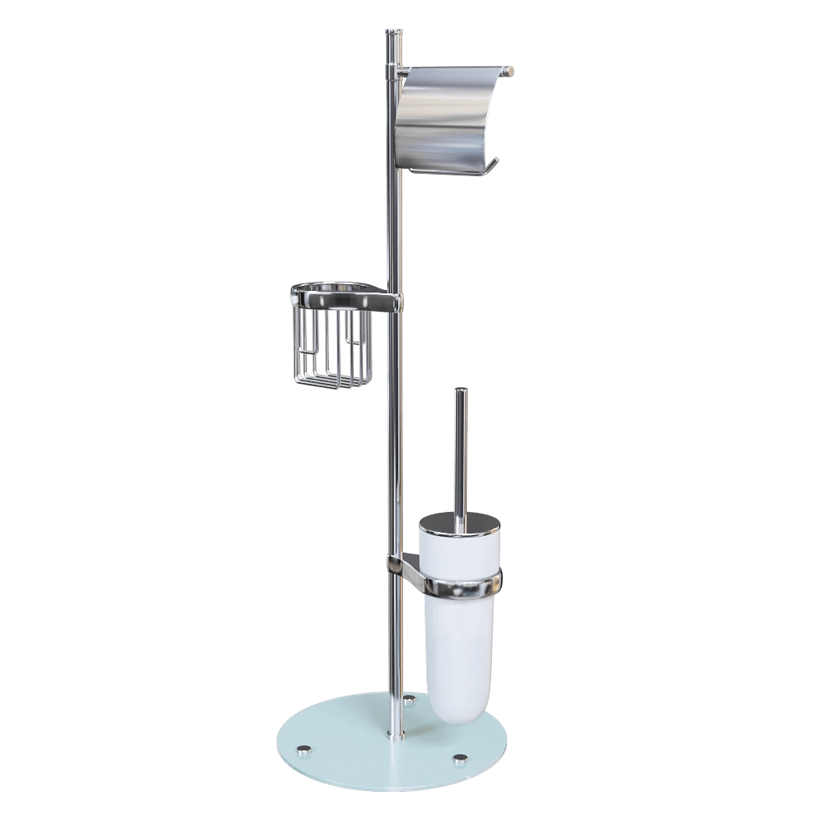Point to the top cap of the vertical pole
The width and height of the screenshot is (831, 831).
tap(395, 33)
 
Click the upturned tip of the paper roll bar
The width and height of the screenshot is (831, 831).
tap(495, 160)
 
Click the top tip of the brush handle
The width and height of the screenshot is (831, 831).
tap(460, 390)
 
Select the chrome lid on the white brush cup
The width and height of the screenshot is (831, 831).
tap(460, 524)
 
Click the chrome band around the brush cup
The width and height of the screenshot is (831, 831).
tap(461, 586)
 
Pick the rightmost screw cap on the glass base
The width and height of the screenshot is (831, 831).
tap(460, 758)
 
